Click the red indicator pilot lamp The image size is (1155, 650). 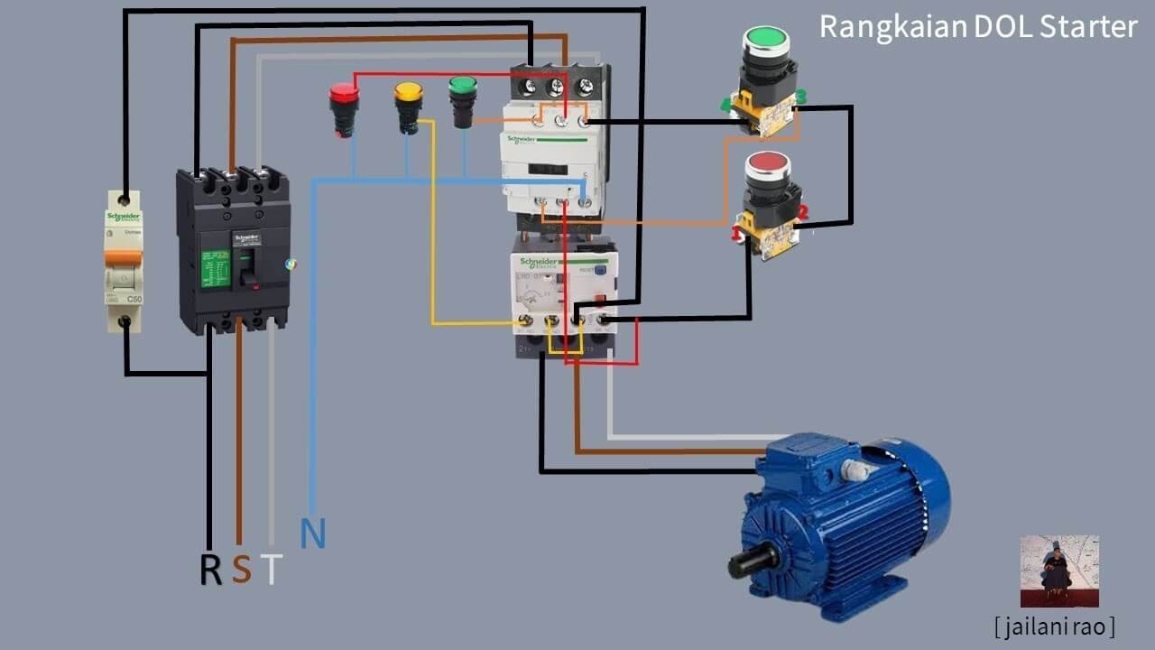click(344, 94)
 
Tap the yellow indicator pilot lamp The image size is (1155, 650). click(408, 92)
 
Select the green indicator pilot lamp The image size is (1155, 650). click(462, 87)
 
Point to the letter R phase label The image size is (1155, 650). click(210, 570)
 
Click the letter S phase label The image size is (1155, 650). click(241, 570)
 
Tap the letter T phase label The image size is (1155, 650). click(271, 570)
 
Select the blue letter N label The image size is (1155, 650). click(312, 534)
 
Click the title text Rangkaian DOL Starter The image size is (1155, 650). click(978, 27)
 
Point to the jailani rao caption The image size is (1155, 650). click(1054, 626)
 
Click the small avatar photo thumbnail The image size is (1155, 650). click(1059, 571)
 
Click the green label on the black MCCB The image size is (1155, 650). click(216, 269)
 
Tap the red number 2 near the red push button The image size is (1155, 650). click(802, 212)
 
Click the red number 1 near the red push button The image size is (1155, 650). click(736, 234)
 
